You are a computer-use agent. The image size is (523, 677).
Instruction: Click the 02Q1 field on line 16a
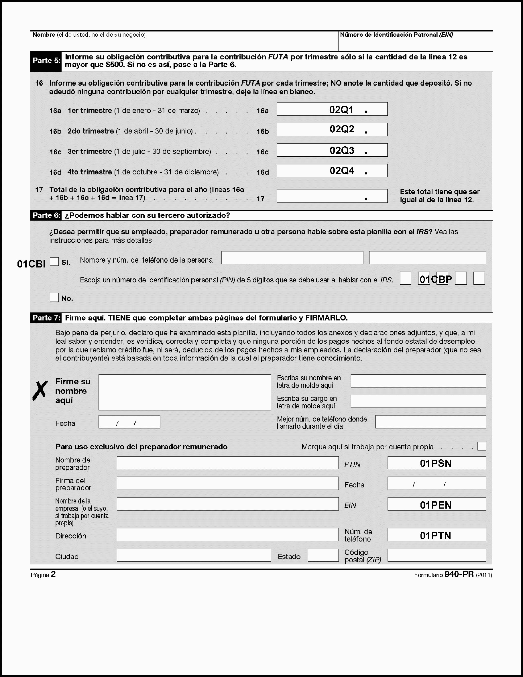pyautogui.click(x=332, y=109)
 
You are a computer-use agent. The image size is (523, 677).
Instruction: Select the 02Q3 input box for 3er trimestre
pyautogui.click(x=332, y=150)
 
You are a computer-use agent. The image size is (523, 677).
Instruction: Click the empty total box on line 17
pyautogui.click(x=332, y=196)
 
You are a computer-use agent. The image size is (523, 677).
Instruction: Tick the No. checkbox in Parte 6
pyautogui.click(x=54, y=298)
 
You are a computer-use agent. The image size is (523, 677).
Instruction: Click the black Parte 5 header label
pyautogui.click(x=46, y=61)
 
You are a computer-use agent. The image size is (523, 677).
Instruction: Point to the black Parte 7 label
pyautogui.click(x=46, y=318)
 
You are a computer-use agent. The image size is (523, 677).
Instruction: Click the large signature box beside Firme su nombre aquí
pyautogui.click(x=184, y=392)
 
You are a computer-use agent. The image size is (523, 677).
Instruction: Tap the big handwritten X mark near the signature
pyautogui.click(x=40, y=391)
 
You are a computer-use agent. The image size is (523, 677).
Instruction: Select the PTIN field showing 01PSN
pyautogui.click(x=437, y=463)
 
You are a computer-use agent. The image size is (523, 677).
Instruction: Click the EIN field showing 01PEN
pyautogui.click(x=437, y=504)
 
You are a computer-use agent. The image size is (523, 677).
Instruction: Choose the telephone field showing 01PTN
pyautogui.click(x=437, y=535)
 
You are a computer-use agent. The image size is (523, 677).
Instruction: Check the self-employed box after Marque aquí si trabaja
pyautogui.click(x=482, y=446)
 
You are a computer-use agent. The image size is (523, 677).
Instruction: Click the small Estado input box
pyautogui.click(x=323, y=555)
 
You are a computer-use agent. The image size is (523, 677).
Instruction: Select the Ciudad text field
pyautogui.click(x=193, y=555)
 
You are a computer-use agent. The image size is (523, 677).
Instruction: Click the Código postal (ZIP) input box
pyautogui.click(x=437, y=555)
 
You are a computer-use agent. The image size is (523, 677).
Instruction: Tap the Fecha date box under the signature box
pyautogui.click(x=129, y=422)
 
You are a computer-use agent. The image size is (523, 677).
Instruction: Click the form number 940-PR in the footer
pyautogui.click(x=459, y=574)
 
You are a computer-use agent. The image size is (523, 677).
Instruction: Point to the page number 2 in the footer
pyautogui.click(x=53, y=574)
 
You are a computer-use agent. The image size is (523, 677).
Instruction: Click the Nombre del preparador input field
pyautogui.click(x=227, y=463)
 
